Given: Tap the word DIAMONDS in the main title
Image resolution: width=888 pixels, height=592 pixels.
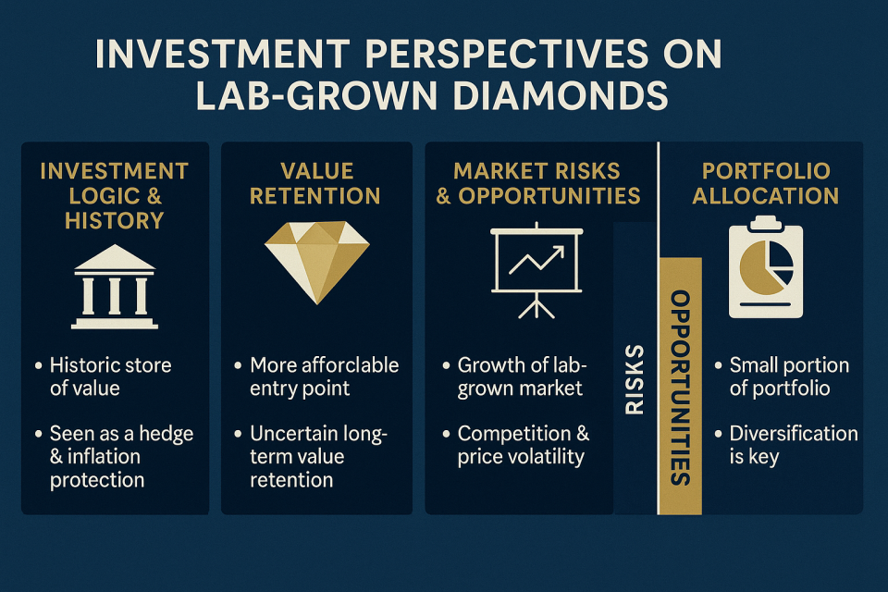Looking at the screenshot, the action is [x=561, y=95].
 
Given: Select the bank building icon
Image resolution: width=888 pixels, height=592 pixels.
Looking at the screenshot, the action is [x=115, y=287].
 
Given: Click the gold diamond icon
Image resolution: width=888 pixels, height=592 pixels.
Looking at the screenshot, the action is [x=316, y=262].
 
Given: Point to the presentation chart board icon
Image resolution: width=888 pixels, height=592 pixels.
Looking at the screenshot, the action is [x=536, y=270].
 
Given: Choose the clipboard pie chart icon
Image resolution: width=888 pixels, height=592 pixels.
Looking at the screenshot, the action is [x=766, y=266].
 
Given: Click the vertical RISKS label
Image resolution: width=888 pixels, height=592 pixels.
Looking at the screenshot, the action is [x=635, y=379].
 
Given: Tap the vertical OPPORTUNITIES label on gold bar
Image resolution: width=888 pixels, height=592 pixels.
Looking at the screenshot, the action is [x=680, y=388].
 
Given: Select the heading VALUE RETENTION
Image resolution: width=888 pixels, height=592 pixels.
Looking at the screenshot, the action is [x=315, y=183].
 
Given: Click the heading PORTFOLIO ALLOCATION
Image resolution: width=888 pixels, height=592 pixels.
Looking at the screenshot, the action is [x=766, y=183].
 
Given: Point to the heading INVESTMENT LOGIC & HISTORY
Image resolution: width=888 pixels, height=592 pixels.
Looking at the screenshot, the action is [x=115, y=195].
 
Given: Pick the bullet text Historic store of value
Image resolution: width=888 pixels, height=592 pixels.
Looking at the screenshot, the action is [x=110, y=376].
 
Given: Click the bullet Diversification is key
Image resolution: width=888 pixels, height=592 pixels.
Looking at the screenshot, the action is [x=794, y=445].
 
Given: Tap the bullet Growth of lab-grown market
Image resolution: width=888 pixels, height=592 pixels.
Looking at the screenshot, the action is [x=522, y=376].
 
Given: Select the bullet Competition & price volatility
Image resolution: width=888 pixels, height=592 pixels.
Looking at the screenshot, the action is [x=524, y=445].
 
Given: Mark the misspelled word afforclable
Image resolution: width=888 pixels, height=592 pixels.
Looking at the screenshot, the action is [x=351, y=365].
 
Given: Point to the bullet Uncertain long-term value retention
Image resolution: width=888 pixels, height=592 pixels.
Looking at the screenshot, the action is [x=318, y=457].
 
